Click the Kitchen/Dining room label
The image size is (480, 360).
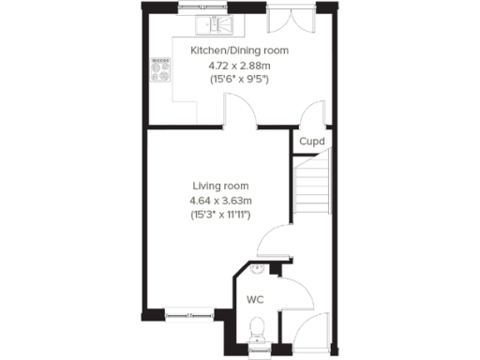pyautogui.click(x=239, y=50)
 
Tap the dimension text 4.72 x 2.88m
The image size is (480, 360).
pyautogui.click(x=239, y=65)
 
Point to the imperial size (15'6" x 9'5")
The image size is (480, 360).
pyautogui.click(x=239, y=80)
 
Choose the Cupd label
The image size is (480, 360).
pyautogui.click(x=311, y=142)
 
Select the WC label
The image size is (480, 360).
pyautogui.click(x=254, y=300)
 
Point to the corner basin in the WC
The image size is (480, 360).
pyautogui.click(x=257, y=269)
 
